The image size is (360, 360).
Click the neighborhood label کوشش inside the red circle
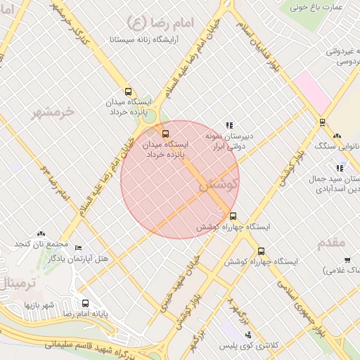click(218, 185)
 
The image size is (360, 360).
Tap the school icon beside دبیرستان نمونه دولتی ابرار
click(229, 124)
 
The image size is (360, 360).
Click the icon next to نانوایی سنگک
click(337, 136)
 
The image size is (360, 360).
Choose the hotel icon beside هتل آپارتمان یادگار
click(78, 249)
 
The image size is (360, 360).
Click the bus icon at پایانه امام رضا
click(85, 304)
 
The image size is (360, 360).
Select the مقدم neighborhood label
click(330, 243)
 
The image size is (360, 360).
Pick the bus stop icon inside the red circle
click(166, 133)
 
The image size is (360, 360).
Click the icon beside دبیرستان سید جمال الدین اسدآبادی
click(340, 169)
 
